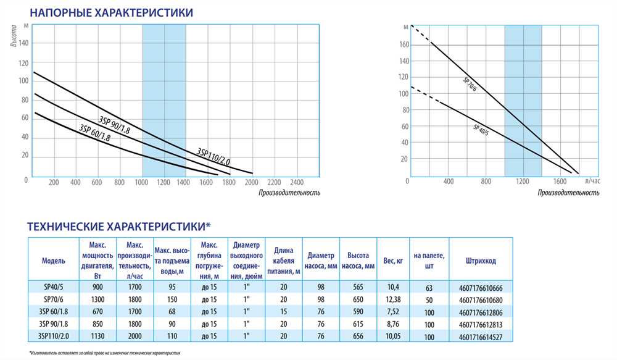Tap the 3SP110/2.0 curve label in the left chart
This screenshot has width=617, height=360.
point(213,157)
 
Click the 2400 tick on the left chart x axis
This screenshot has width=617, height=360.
point(297,183)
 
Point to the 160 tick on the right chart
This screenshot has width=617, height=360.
point(404,44)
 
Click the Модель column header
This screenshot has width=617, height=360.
point(54,261)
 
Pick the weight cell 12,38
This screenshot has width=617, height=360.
point(392,299)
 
